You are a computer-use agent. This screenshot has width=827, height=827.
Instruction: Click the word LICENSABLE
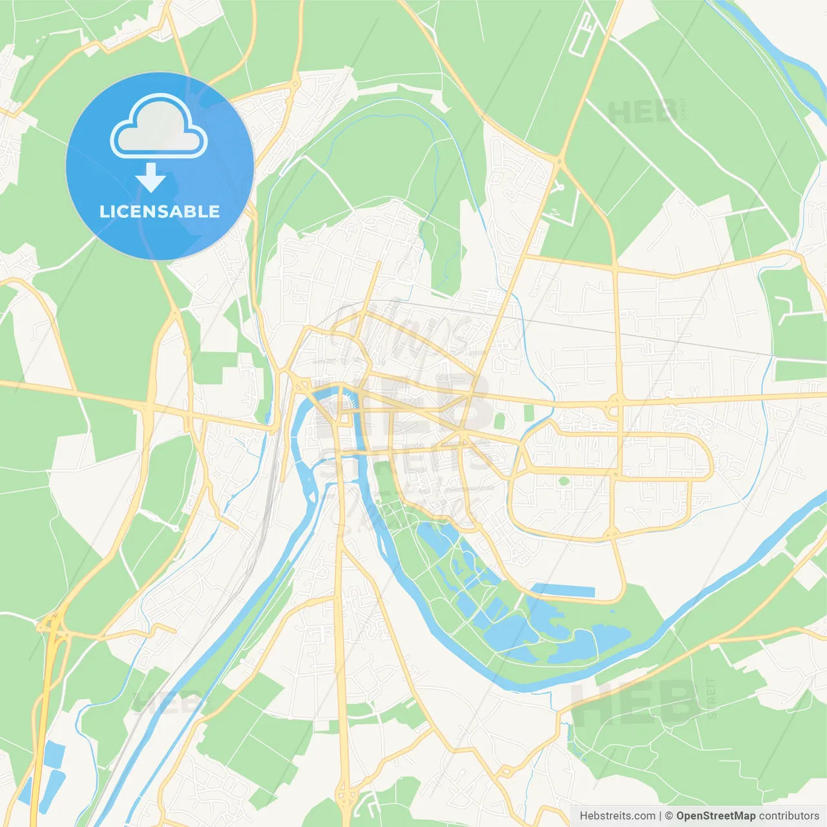tap(160, 211)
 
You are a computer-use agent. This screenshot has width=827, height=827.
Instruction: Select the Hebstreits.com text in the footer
tap(617, 816)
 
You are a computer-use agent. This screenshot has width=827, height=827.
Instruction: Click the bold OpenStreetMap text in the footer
tap(715, 816)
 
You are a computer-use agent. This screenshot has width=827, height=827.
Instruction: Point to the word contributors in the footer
tap(789, 816)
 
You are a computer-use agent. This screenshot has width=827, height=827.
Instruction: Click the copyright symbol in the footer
tap(669, 816)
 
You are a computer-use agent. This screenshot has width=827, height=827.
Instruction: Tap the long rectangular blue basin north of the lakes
tap(563, 591)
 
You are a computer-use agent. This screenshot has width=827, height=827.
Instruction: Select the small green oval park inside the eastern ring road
tap(563, 481)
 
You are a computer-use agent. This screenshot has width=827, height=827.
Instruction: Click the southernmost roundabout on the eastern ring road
tap(612, 534)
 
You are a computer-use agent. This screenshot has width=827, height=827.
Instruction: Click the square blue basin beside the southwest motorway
tap(54, 753)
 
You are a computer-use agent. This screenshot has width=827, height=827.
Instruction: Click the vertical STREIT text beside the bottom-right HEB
tap(711, 698)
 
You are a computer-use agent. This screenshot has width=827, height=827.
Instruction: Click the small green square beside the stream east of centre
tap(529, 413)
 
